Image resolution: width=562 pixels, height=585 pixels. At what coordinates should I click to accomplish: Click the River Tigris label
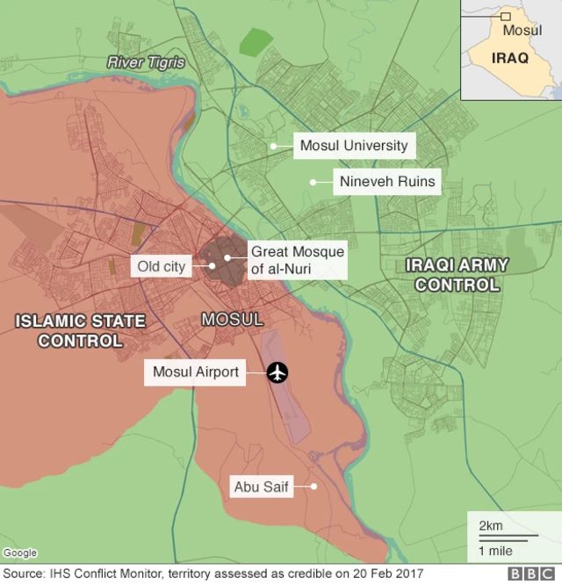(x=146, y=62)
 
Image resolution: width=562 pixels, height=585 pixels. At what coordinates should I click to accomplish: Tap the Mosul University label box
(x=354, y=146)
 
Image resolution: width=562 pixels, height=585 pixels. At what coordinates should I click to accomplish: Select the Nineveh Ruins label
(x=386, y=183)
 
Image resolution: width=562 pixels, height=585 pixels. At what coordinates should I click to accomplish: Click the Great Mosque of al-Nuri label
(x=298, y=259)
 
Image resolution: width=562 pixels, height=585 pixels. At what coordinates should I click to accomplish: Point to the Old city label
(x=162, y=265)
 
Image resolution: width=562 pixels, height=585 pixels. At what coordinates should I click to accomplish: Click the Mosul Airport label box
(x=196, y=372)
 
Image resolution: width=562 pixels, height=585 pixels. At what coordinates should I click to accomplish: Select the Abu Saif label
(x=261, y=486)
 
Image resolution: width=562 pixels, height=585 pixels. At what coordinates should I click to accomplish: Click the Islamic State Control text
(x=80, y=330)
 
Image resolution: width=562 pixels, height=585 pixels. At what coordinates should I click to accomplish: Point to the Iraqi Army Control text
(x=457, y=274)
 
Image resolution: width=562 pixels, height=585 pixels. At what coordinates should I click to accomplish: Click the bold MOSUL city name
(x=232, y=320)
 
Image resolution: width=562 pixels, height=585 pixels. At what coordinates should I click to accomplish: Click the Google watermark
(x=20, y=552)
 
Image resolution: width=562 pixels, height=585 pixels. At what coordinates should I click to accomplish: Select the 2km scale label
(x=490, y=525)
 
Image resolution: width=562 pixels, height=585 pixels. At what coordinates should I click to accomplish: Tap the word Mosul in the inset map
(x=522, y=30)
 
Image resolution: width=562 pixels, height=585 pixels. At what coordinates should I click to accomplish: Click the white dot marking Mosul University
(x=274, y=146)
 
